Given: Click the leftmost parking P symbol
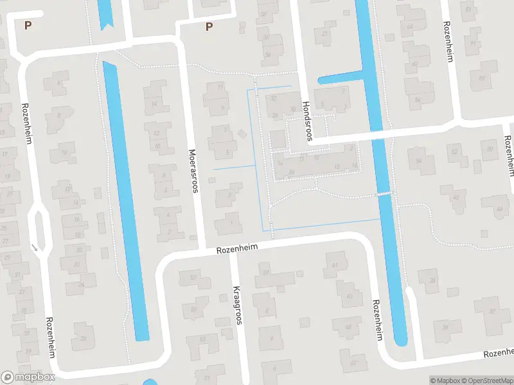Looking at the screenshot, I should [28, 25].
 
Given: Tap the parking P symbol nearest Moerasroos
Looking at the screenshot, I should [208, 26].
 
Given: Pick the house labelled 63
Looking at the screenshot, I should [349, 296].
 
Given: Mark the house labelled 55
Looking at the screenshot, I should [193, 309].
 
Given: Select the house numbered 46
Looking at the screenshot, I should [500, 209].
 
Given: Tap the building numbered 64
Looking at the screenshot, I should [410, 26].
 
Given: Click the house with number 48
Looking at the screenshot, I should [456, 197].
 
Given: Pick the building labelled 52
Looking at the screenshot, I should [456, 152].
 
